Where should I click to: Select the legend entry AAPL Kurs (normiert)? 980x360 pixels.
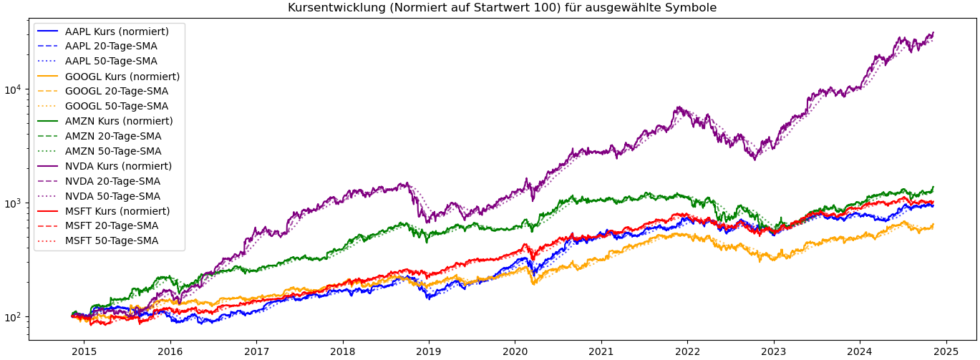click(x=117, y=31)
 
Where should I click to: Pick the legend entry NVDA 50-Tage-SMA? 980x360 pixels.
click(x=112, y=196)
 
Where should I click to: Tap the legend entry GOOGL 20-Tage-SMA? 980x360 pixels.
click(x=117, y=91)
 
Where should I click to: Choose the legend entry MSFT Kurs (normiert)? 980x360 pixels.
click(x=117, y=211)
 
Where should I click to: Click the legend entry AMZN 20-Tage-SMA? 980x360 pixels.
click(x=113, y=136)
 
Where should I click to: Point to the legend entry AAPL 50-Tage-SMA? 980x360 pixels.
click(x=111, y=62)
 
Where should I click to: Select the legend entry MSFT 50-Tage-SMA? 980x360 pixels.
click(x=112, y=240)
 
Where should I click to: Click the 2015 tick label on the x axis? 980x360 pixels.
click(x=84, y=351)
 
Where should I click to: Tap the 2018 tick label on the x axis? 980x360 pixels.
click(x=342, y=351)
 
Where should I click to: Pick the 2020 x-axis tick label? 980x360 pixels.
click(x=515, y=351)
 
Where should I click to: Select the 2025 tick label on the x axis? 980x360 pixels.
click(x=946, y=351)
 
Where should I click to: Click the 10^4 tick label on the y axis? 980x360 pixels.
click(x=14, y=89)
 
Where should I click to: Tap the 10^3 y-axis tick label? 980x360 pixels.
click(x=14, y=203)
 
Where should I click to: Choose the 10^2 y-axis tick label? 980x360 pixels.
click(x=14, y=316)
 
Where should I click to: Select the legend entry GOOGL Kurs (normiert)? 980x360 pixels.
click(x=122, y=77)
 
